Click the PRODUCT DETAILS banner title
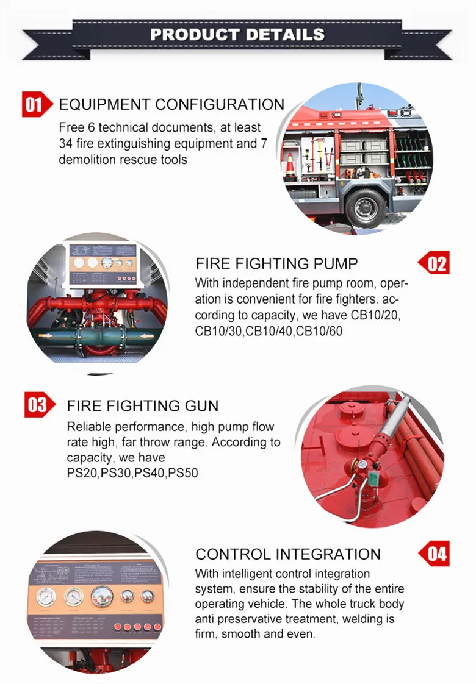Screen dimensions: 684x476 click(x=237, y=34)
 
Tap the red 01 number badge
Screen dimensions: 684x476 click(x=34, y=105)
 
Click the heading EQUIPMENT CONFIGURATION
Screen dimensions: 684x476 click(x=171, y=104)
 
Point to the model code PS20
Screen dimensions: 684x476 click(x=82, y=473)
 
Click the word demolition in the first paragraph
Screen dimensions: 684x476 click(x=85, y=160)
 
